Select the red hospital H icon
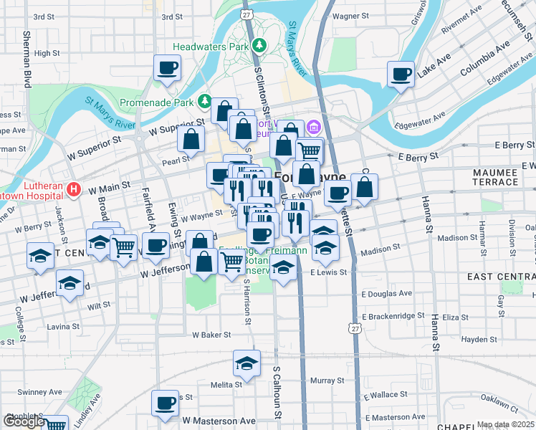(x=72, y=190)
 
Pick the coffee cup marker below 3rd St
(x=167, y=69)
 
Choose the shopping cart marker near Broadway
(x=124, y=247)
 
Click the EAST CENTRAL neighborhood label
(x=502, y=277)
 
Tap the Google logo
(x=24, y=421)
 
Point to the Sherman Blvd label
(x=29, y=59)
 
